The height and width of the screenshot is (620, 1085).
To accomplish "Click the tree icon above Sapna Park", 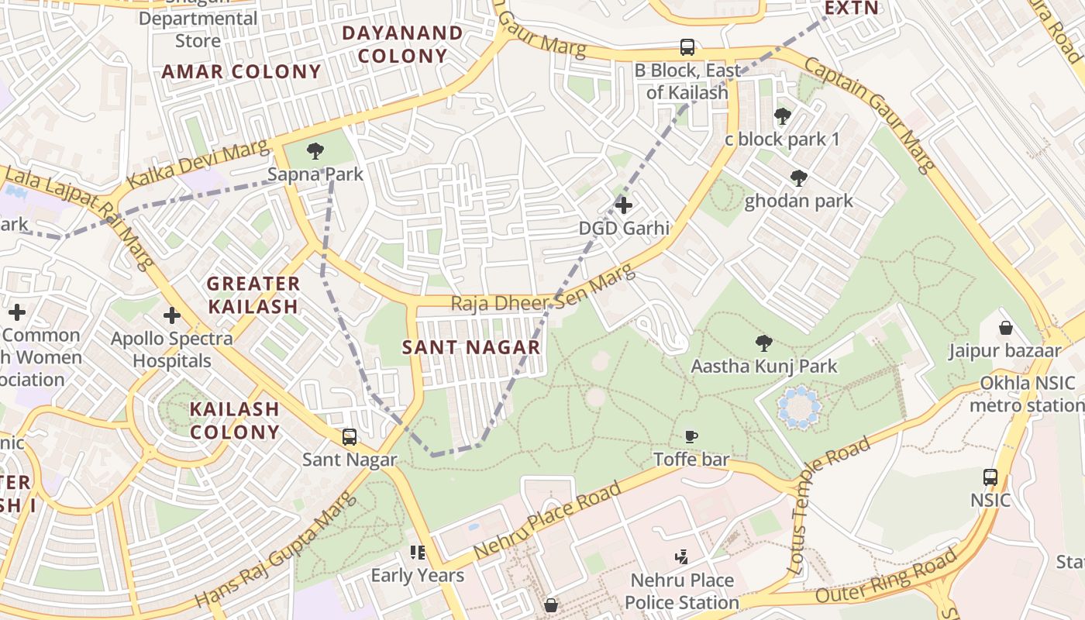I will (x=315, y=151).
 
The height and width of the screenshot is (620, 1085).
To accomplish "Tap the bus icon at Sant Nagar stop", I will (x=350, y=437).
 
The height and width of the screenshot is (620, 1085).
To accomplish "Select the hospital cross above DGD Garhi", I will (x=624, y=205).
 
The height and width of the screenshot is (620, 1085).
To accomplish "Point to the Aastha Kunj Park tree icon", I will (x=764, y=343).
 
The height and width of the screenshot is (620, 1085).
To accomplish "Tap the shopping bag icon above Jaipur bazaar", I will (x=1006, y=328).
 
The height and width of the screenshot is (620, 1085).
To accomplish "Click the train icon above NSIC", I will (x=990, y=477).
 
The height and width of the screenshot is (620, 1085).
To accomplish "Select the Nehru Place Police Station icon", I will (x=682, y=556).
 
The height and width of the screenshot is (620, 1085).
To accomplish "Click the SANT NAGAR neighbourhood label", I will (x=471, y=347).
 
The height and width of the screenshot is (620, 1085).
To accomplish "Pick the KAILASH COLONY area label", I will (x=235, y=420).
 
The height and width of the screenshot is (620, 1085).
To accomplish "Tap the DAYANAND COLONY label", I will (x=402, y=44).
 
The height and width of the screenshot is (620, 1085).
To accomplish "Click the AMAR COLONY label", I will (x=241, y=72).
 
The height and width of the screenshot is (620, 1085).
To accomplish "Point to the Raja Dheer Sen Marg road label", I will (x=542, y=291).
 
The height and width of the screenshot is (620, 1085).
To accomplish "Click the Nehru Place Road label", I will (x=547, y=520).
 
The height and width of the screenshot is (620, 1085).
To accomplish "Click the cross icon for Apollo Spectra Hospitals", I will (x=172, y=315).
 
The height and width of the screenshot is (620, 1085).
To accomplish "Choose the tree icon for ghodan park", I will (x=798, y=178).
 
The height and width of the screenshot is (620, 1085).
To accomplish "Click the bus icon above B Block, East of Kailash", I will (x=687, y=47).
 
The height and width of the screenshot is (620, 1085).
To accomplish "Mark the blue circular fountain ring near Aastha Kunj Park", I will (x=798, y=408).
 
